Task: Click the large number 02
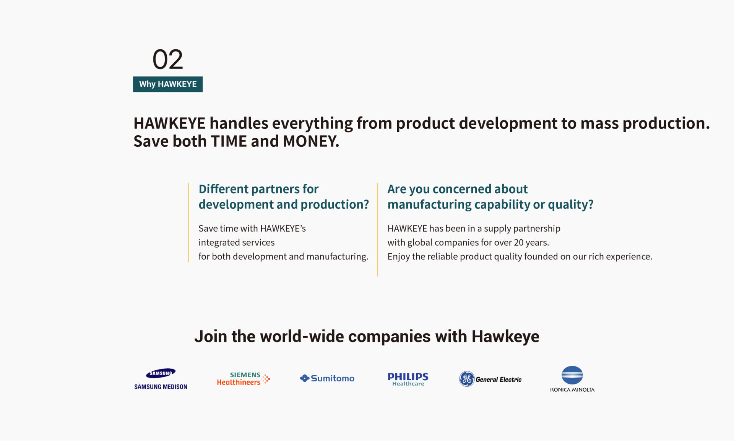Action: click(x=168, y=59)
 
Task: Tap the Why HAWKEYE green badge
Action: click(x=168, y=84)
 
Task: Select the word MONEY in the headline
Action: click(x=310, y=141)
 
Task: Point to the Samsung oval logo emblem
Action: click(x=161, y=373)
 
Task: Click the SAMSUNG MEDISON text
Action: click(x=161, y=387)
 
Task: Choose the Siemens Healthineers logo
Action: click(x=244, y=379)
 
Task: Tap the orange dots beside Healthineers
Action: click(x=266, y=379)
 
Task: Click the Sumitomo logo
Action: click(x=327, y=378)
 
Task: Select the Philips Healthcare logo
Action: click(x=408, y=379)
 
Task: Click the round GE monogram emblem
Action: click(x=467, y=379)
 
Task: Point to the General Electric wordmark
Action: click(x=499, y=379)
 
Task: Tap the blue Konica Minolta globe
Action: click(x=572, y=375)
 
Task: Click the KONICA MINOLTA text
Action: click(x=572, y=390)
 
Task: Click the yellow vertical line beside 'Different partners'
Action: click(x=188, y=223)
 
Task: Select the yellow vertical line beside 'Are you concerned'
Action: click(x=377, y=230)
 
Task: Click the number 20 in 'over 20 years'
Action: click(x=519, y=243)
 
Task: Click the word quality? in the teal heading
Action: click(x=571, y=205)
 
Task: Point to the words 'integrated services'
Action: click(x=237, y=243)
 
